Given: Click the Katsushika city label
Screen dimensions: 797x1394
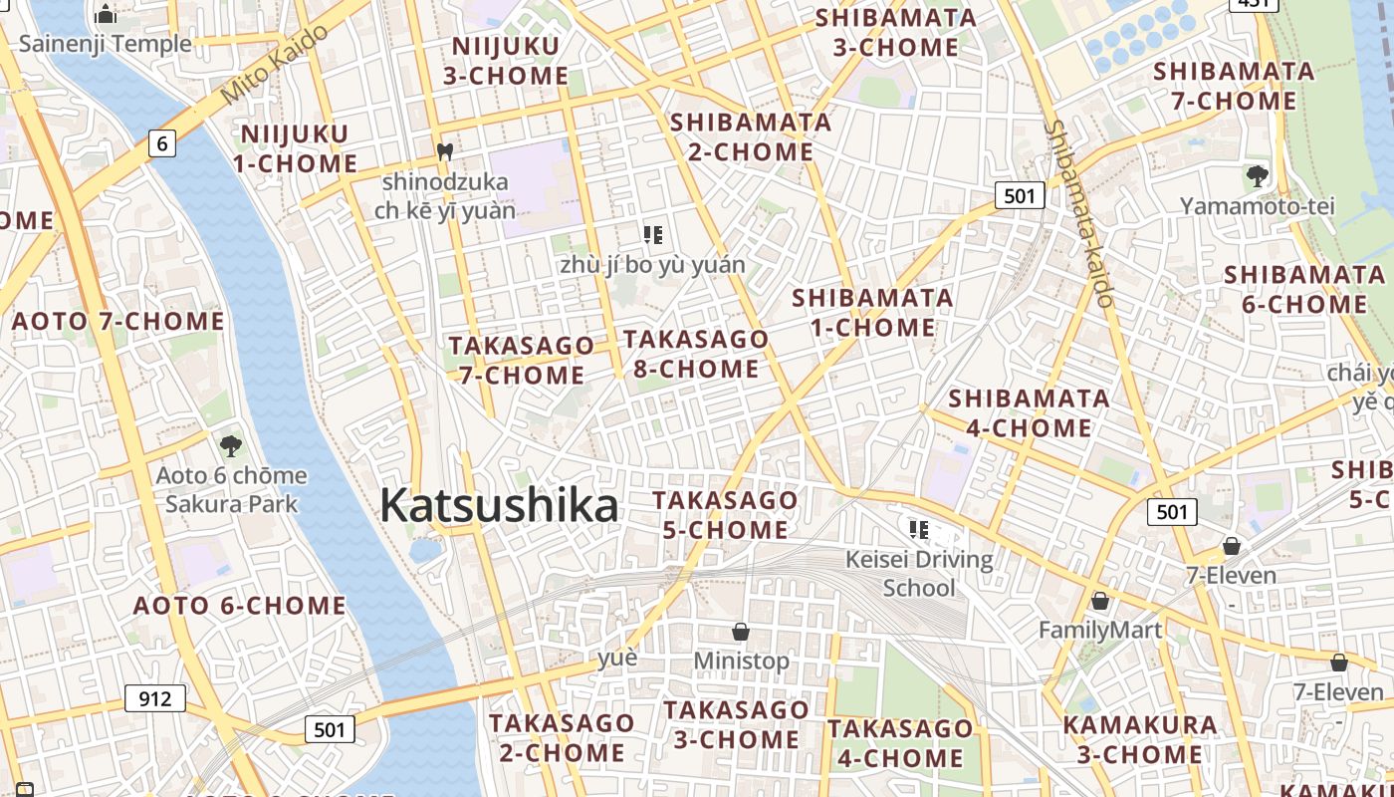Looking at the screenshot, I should (x=499, y=505).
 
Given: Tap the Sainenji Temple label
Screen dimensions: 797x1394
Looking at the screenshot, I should (x=105, y=44).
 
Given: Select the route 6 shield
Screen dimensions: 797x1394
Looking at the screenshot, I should (x=163, y=144).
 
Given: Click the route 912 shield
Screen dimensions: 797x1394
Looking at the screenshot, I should (x=155, y=698).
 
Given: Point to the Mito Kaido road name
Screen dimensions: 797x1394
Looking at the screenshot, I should (x=275, y=65).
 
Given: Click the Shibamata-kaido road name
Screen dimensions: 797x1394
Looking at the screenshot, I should (x=1079, y=213).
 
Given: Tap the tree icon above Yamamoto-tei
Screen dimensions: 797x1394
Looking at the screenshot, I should (x=1257, y=176).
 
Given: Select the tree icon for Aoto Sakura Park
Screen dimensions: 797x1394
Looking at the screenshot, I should (x=231, y=445).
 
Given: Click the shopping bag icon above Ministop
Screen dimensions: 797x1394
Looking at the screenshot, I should (x=741, y=632).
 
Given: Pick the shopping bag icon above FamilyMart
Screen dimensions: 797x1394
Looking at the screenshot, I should (x=1100, y=601).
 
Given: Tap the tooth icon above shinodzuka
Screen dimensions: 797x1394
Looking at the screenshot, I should (x=445, y=152).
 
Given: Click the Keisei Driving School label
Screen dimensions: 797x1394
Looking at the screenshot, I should (x=919, y=573).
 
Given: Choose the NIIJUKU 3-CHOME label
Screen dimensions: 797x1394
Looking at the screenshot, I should (x=510, y=61).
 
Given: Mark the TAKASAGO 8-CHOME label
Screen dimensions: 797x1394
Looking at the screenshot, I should (x=696, y=354).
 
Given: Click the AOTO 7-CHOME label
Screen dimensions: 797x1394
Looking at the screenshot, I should (x=117, y=321).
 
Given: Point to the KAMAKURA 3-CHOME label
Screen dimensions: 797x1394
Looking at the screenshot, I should (x=1139, y=739).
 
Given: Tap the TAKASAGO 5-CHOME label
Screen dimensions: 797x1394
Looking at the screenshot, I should (x=725, y=514).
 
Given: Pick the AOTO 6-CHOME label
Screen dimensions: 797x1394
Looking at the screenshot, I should (x=239, y=606).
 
